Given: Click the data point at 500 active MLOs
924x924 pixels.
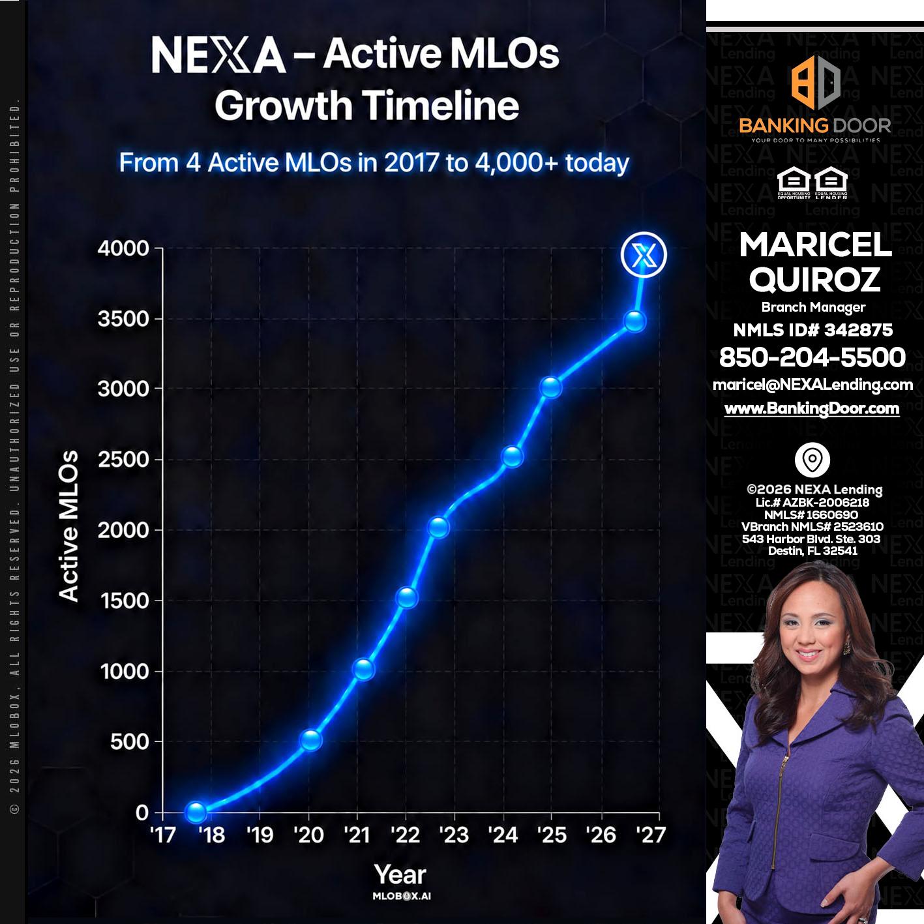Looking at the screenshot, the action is click(x=311, y=740).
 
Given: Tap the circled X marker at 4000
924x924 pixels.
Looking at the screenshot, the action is click(x=644, y=254).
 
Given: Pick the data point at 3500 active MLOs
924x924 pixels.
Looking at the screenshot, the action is click(x=635, y=321).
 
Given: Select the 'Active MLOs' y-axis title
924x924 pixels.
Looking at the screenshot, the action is click(x=68, y=526).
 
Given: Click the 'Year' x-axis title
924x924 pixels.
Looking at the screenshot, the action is click(x=400, y=874).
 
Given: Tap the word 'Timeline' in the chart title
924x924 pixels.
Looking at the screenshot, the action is click(x=440, y=105).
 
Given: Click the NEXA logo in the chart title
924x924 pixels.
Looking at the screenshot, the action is click(x=218, y=55).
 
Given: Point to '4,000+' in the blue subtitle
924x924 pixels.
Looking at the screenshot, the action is click(x=516, y=163).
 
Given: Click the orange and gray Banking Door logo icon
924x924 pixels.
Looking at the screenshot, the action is click(x=815, y=82).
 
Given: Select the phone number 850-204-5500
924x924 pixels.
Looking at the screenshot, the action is click(x=812, y=357).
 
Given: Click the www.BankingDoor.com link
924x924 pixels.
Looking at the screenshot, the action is click(x=812, y=409).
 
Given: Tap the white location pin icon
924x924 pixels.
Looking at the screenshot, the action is click(x=812, y=460).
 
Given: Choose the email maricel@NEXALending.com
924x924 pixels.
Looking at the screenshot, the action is click(x=812, y=385).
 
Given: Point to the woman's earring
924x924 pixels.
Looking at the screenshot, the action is click(x=846, y=648).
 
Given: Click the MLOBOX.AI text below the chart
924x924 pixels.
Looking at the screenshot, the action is click(x=401, y=896).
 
